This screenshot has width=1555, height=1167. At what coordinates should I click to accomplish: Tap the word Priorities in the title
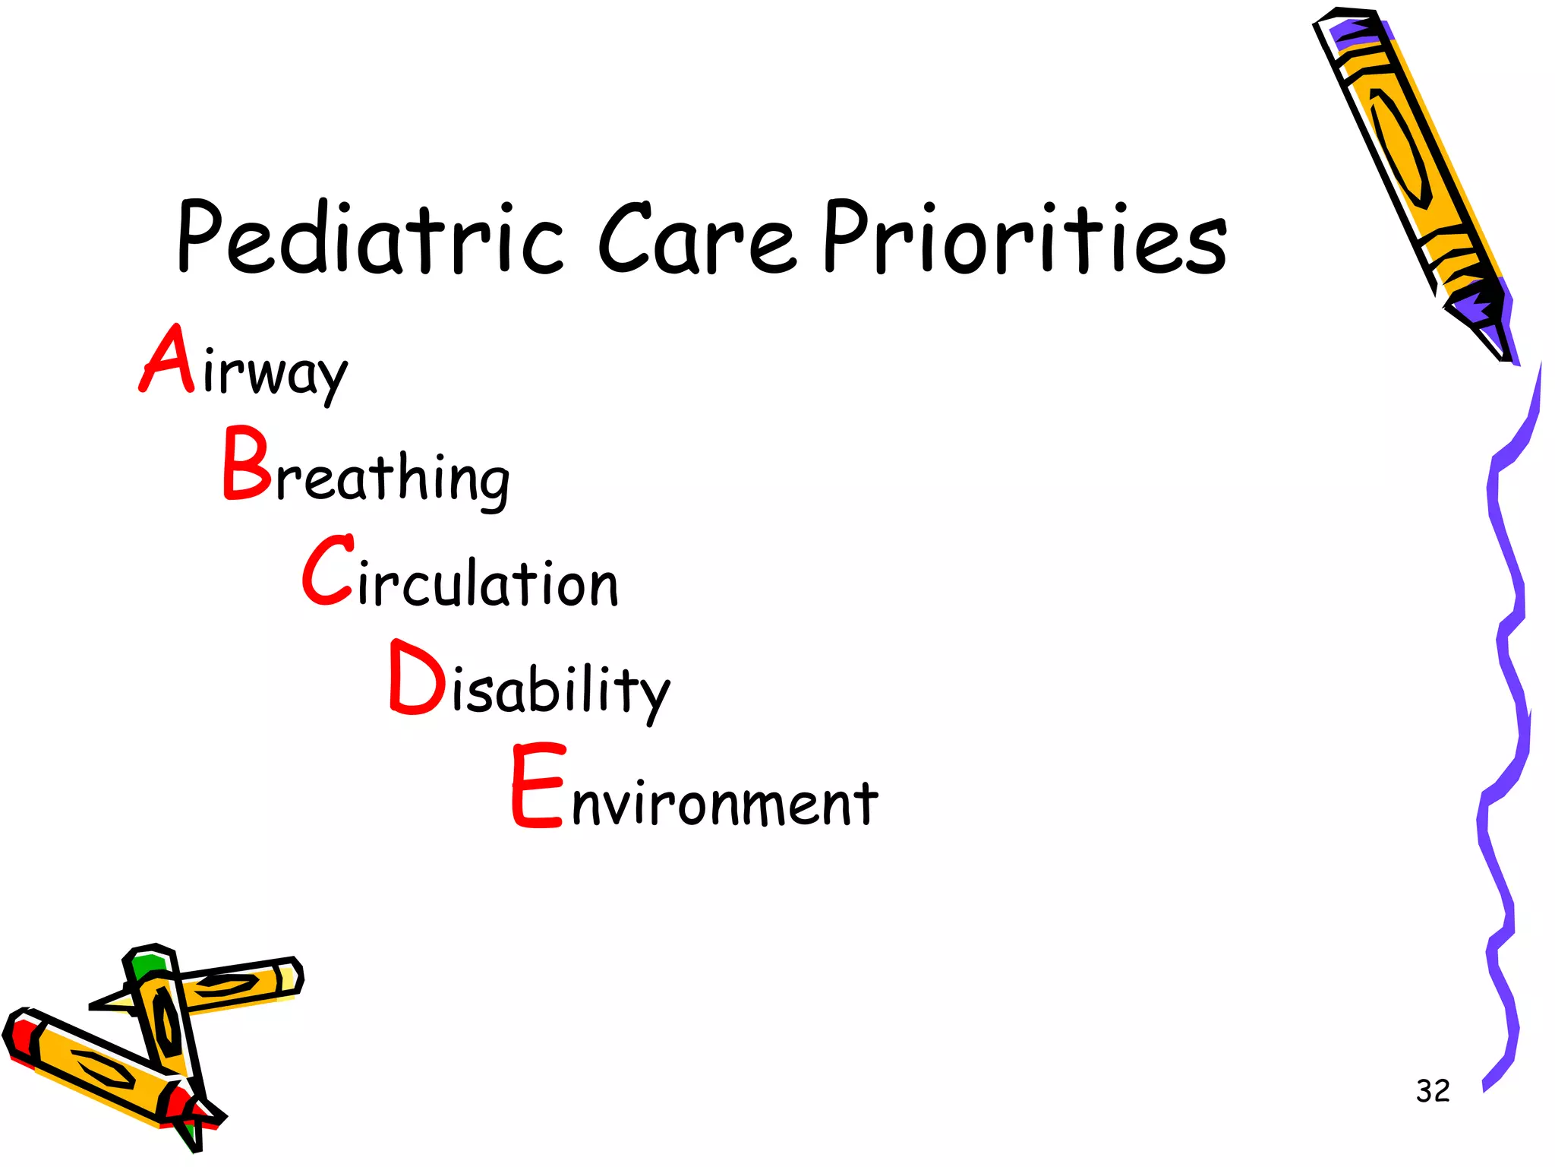click(x=1024, y=237)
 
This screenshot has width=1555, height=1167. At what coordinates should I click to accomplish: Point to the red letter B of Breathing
click(x=247, y=463)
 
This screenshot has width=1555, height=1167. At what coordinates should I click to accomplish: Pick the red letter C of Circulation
click(x=328, y=571)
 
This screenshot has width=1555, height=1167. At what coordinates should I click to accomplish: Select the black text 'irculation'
click(x=488, y=583)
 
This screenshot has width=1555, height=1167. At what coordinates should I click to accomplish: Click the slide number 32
click(x=1433, y=1091)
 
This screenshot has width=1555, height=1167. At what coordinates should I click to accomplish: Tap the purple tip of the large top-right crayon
click(x=1488, y=319)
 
